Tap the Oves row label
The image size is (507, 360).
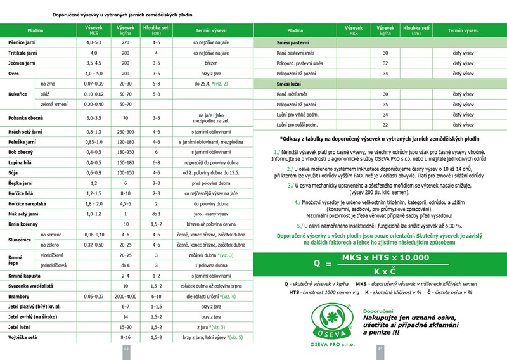[x=14, y=74]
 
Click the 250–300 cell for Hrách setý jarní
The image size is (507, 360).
[x=125, y=132]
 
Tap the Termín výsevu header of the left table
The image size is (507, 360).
[x=211, y=30]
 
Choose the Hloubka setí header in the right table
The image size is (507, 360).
[x=416, y=30]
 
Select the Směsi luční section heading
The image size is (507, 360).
[x=287, y=84]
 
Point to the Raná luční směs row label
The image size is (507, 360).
[x=292, y=94]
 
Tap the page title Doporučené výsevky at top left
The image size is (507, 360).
[x=123, y=14]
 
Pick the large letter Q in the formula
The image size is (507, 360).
[x=317, y=263]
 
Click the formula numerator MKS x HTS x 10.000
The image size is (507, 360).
[x=385, y=257]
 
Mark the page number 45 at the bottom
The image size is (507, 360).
[x=381, y=349]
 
